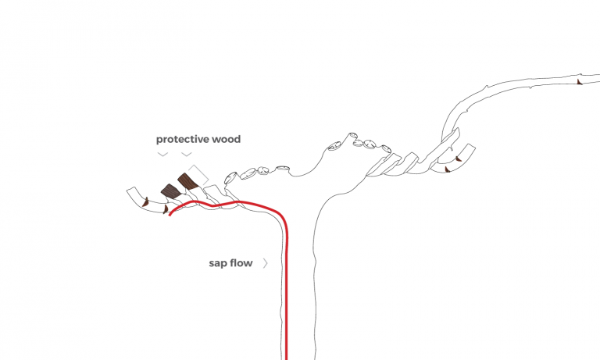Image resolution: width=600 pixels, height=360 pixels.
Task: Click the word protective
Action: tap(177, 140)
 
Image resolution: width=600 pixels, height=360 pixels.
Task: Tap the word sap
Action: tap(218, 263)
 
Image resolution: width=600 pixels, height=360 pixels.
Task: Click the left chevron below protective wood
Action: tap(162, 155)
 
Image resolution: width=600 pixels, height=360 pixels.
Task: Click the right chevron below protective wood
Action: tap(187, 155)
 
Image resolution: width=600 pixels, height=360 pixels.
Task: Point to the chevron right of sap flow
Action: tap(266, 263)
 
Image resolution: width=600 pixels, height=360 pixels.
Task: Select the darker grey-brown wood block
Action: tap(170, 191)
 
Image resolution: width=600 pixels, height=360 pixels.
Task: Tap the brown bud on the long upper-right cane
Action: tap(579, 81)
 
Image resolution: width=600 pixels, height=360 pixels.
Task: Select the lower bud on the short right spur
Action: tap(445, 168)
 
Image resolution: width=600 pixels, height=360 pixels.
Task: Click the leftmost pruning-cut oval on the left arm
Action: tap(231, 176)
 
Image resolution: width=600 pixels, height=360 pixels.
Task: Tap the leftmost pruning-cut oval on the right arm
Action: tap(334, 144)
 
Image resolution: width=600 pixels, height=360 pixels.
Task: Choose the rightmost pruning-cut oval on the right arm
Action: tap(386, 146)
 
